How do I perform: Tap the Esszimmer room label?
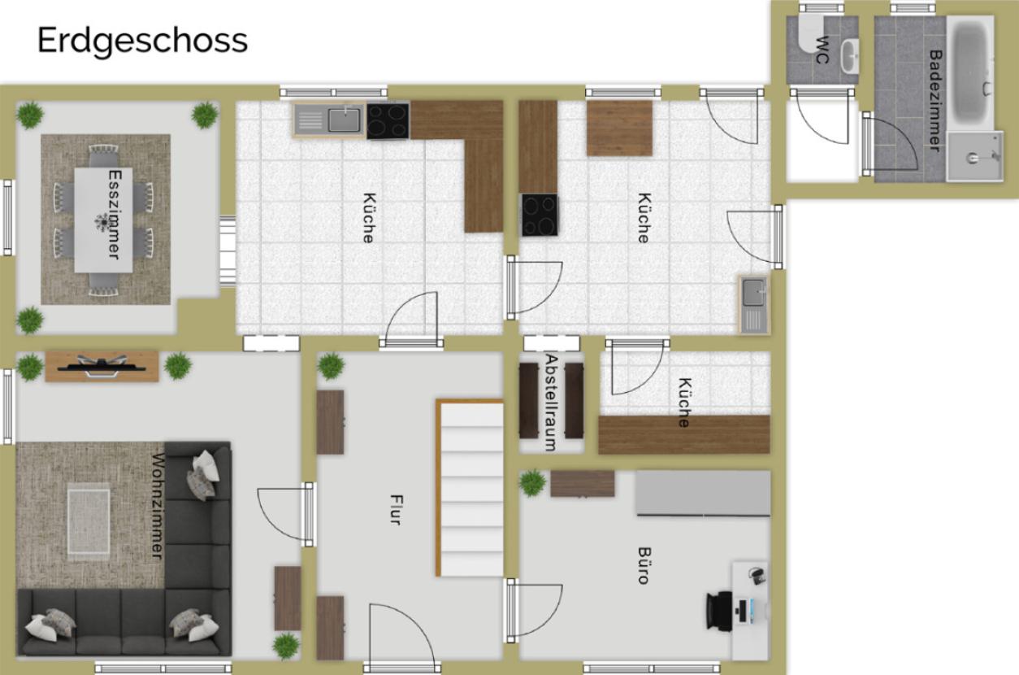point(115,215)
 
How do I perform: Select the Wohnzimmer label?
point(158,506)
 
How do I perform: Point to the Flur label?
point(397,510)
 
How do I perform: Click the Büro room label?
point(644,565)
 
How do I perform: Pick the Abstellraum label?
point(551,403)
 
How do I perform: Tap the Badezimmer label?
point(935,101)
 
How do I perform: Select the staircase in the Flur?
point(470,488)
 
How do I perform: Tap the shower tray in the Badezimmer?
point(975,157)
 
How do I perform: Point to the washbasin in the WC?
point(849,56)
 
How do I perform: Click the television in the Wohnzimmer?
point(102,366)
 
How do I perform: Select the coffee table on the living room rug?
point(89,521)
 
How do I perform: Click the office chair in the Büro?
point(719,612)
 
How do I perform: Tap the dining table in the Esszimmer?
point(104,220)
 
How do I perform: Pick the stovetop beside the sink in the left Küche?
point(388,121)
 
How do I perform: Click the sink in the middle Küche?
point(754,304)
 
